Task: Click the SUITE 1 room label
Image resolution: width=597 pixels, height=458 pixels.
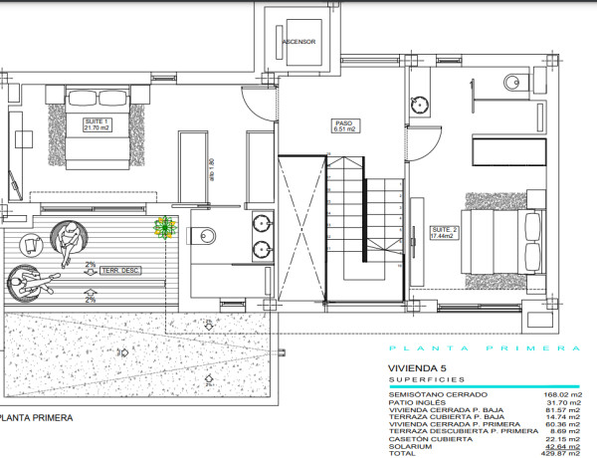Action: tap(97, 124)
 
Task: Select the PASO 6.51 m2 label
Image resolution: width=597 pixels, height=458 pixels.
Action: tap(345, 126)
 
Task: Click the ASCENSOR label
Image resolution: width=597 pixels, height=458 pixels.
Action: tap(298, 42)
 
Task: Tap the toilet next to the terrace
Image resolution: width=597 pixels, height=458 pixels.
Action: tap(207, 236)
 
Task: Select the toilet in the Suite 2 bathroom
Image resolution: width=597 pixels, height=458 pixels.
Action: tap(511, 82)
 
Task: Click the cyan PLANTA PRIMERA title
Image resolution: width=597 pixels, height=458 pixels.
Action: tap(485, 348)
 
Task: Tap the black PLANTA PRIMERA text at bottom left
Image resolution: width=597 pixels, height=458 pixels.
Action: tap(37, 419)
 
